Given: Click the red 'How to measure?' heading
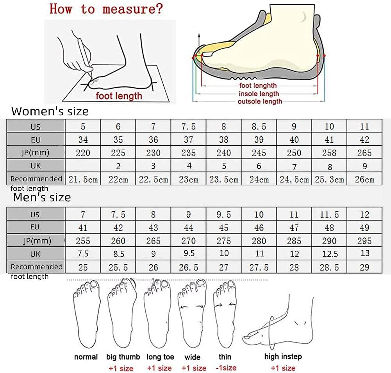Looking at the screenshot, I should (105, 9).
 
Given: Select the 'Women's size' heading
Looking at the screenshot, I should (50, 111).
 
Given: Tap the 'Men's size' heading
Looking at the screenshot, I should (42, 197).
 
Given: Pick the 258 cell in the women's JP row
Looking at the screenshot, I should (329, 153).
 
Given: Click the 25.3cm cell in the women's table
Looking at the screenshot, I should (329, 179).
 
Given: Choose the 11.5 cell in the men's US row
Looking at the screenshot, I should (329, 215).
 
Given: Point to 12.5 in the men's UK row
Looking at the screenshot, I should (329, 254).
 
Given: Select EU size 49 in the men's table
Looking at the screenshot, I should (364, 228).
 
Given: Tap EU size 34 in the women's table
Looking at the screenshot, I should (83, 140).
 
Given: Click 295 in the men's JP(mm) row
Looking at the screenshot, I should (364, 241).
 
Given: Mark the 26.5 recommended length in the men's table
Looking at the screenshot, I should (189, 267).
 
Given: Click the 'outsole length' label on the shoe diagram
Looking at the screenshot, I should (260, 102).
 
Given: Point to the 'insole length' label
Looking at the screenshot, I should (259, 94).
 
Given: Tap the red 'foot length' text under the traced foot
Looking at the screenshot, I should (119, 96).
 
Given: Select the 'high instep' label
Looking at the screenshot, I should (283, 356).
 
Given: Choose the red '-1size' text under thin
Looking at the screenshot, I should (226, 368).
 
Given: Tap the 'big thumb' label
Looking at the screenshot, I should (123, 357).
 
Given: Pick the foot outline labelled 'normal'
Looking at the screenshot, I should (86, 313).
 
